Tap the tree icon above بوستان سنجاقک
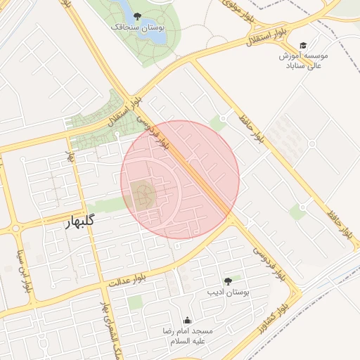(x=136, y=15)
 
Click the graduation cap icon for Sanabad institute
(x=303, y=45)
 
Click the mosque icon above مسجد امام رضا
(x=187, y=321)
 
